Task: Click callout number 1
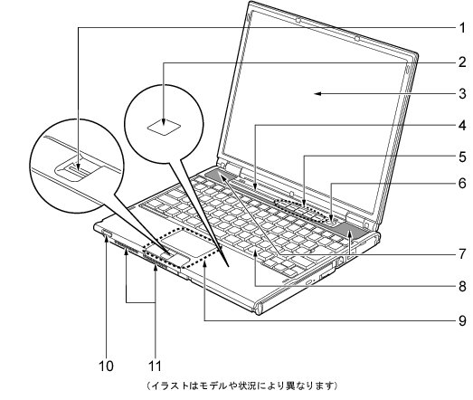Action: pyautogui.click(x=462, y=28)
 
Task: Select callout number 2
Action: pyautogui.click(x=462, y=62)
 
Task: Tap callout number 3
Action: pyautogui.click(x=462, y=93)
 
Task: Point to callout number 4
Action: pyautogui.click(x=462, y=125)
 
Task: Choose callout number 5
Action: pyautogui.click(x=462, y=157)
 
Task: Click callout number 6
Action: pyautogui.click(x=462, y=183)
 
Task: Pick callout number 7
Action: pyautogui.click(x=462, y=254)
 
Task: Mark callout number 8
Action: pyautogui.click(x=462, y=286)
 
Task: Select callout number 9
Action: pyautogui.click(x=462, y=320)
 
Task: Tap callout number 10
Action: pyautogui.click(x=106, y=366)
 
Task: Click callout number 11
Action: pyautogui.click(x=155, y=366)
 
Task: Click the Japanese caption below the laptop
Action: pyautogui.click(x=242, y=386)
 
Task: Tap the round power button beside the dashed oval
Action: pyautogui.click(x=333, y=223)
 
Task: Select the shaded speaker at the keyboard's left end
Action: pyautogui.click(x=221, y=175)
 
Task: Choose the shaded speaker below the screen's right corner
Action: pyautogui.click(x=351, y=231)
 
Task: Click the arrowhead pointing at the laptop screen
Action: pyautogui.click(x=318, y=93)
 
